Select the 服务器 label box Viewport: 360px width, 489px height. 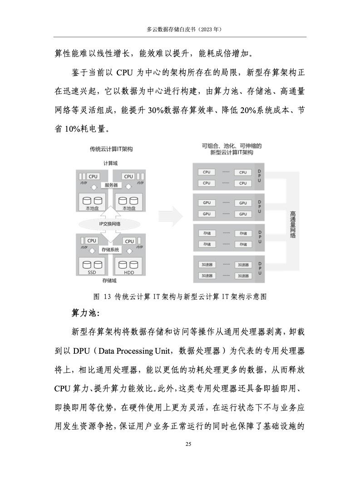[111, 185]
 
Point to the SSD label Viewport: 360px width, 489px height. [92, 272]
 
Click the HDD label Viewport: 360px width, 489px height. [129, 272]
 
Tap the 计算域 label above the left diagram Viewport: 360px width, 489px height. [110, 163]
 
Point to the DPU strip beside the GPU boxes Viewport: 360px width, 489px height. [260, 208]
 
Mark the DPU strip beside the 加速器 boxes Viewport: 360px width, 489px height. [260, 270]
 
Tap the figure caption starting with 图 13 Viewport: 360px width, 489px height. [179, 297]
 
